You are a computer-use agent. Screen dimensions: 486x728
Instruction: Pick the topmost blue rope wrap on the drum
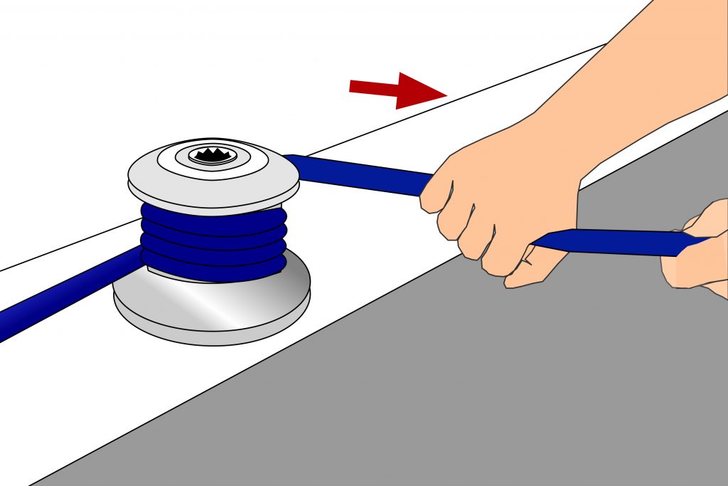213,215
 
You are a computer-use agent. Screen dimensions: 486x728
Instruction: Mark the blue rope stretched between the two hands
604,242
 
